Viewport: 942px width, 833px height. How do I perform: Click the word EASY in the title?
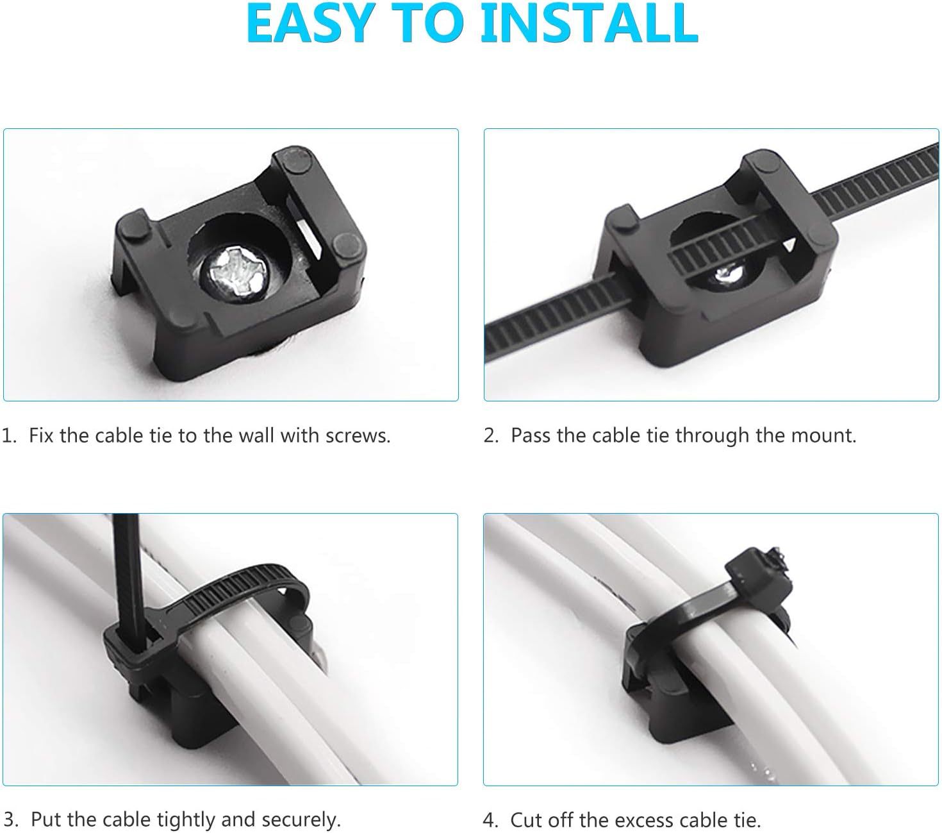[x=308, y=23]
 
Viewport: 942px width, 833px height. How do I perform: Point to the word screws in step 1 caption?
[x=357, y=436]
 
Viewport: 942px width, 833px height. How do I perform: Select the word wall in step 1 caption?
[x=256, y=436]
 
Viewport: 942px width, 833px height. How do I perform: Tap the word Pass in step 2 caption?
[x=531, y=436]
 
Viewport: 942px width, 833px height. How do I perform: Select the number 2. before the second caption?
[x=491, y=436]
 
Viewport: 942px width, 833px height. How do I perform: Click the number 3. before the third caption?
[x=11, y=820]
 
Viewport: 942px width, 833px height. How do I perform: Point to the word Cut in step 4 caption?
[x=525, y=820]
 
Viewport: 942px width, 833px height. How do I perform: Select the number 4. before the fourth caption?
[x=490, y=820]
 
